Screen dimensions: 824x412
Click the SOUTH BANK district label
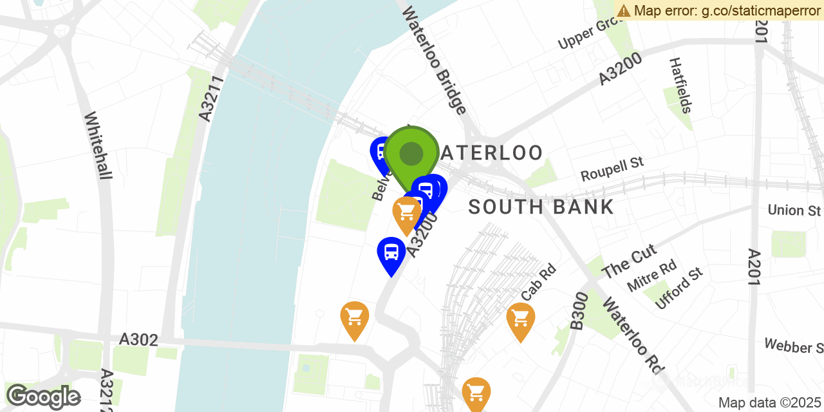(x=541, y=207)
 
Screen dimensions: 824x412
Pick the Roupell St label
(x=612, y=169)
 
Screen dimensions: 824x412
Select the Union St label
(x=794, y=211)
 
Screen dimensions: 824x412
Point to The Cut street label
(x=629, y=260)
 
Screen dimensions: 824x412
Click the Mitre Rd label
(x=652, y=275)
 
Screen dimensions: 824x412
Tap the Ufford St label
(x=679, y=289)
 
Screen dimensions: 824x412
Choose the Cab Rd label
(x=538, y=282)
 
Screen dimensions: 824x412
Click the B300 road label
(x=579, y=311)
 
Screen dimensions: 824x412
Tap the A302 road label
(x=138, y=339)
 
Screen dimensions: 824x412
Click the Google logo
(x=43, y=397)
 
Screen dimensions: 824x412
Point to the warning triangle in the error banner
(x=623, y=10)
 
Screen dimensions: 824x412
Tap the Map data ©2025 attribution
(x=769, y=403)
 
